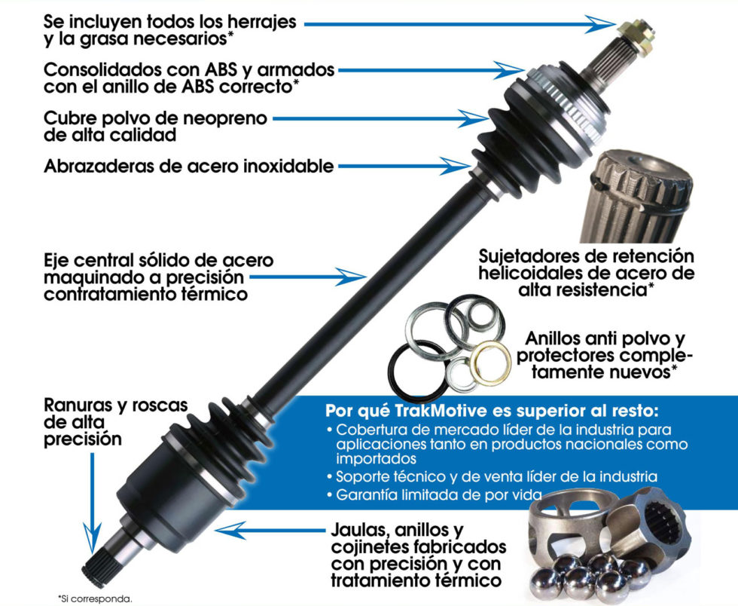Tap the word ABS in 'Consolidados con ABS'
click(218, 69)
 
